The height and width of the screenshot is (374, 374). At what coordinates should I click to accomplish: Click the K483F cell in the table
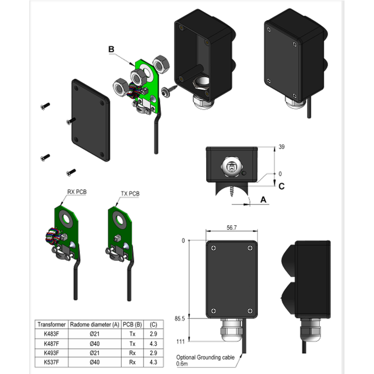pos(49,334)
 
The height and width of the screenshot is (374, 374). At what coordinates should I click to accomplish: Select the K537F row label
pos(49,362)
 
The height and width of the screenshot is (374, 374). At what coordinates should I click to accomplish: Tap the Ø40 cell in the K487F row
pos(95,344)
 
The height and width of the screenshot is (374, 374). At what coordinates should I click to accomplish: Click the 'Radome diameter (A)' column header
pos(95,325)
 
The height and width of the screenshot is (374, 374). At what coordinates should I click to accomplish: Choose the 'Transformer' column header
pos(49,325)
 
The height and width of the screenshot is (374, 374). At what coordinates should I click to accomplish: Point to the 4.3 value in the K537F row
pos(153,362)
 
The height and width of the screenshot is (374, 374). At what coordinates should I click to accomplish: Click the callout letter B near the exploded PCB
pos(111,50)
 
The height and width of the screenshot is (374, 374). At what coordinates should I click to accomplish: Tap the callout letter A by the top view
pos(263,200)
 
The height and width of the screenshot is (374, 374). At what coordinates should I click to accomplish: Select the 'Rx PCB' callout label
pos(77,192)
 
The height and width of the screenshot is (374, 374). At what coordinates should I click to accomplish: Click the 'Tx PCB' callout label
pos(130,193)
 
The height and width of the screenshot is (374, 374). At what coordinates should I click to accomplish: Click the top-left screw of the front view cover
pos(213,248)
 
